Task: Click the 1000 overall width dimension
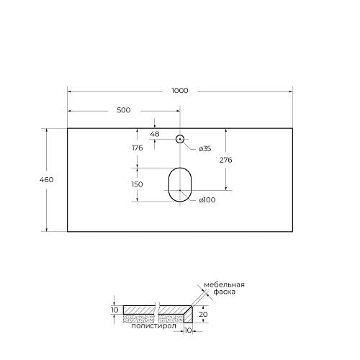pyautogui.click(x=180, y=90)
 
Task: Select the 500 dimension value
pyautogui.click(x=123, y=110)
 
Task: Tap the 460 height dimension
pyautogui.click(x=48, y=179)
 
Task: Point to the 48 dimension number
pyautogui.click(x=154, y=134)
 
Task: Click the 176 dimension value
pyautogui.click(x=138, y=148)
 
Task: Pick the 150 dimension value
pyautogui.click(x=138, y=184)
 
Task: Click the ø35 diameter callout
pyautogui.click(x=204, y=148)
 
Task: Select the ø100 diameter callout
pyautogui.click(x=207, y=200)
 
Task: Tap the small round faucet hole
pyautogui.click(x=180, y=138)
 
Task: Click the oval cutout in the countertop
pyautogui.click(x=180, y=184)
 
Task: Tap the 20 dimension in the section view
pyautogui.click(x=204, y=315)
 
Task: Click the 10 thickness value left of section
pyautogui.click(x=114, y=310)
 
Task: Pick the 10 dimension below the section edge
pyautogui.click(x=188, y=330)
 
